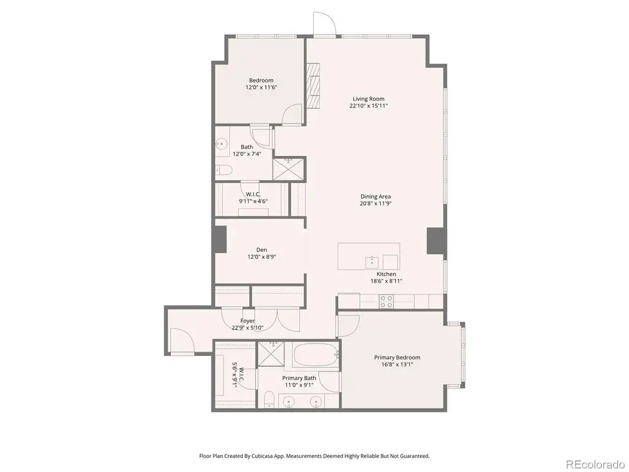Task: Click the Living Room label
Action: (x=369, y=99)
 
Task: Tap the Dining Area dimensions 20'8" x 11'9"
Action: (x=375, y=203)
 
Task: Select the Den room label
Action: (x=262, y=250)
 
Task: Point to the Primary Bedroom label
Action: (x=397, y=357)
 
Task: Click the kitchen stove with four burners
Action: (x=386, y=301)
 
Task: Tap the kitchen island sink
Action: (x=372, y=262)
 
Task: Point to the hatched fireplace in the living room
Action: (x=313, y=86)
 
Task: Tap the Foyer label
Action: (x=248, y=321)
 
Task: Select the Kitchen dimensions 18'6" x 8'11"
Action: (x=386, y=281)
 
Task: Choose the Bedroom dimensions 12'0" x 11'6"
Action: (x=262, y=87)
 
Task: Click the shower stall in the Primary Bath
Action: (x=270, y=353)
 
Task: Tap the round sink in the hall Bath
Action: (x=221, y=143)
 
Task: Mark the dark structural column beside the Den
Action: (x=221, y=239)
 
